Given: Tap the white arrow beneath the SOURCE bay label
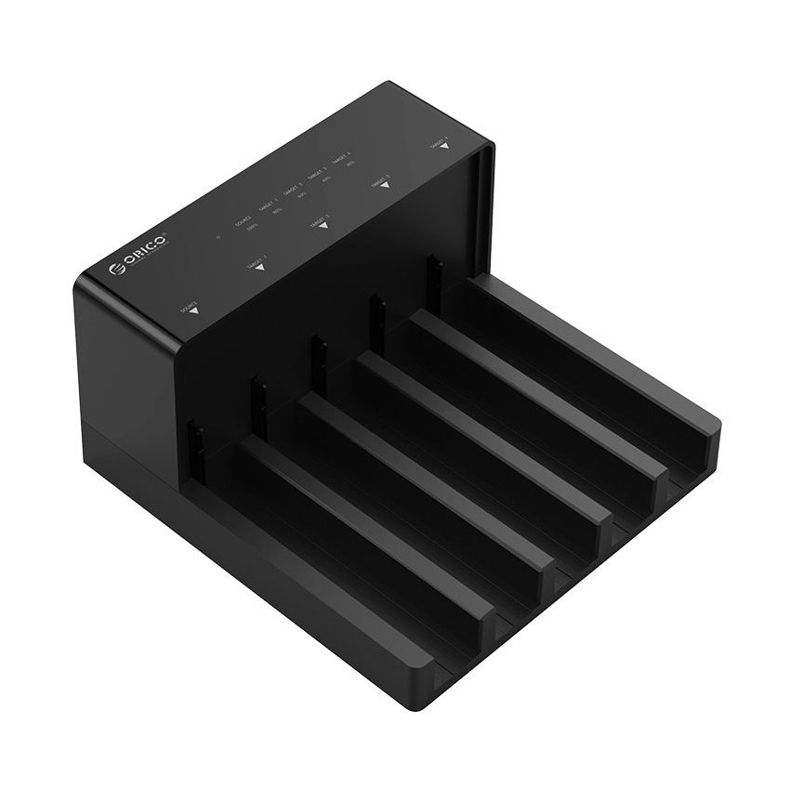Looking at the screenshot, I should pyautogui.click(x=193, y=311).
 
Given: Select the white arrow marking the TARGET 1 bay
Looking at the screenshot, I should pyautogui.click(x=259, y=269).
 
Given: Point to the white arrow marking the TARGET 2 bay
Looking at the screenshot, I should pyautogui.click(x=323, y=227).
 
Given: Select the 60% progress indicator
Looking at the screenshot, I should pyautogui.click(x=302, y=196).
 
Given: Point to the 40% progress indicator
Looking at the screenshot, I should pyautogui.click(x=326, y=180).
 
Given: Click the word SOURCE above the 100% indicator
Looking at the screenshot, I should pyautogui.click(x=244, y=220).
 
